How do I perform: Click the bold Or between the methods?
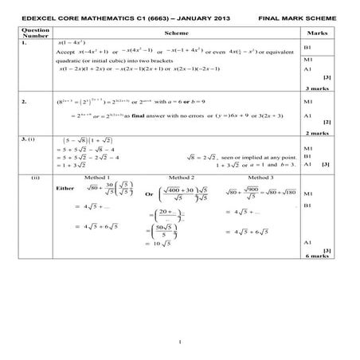click(148, 194)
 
